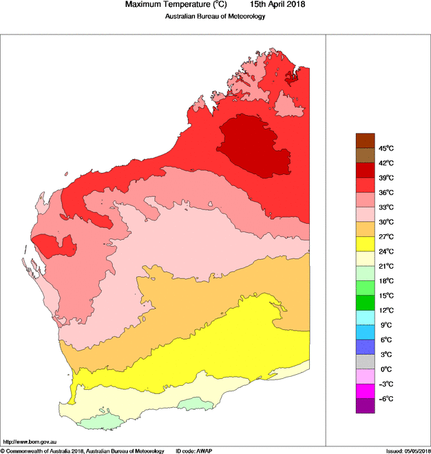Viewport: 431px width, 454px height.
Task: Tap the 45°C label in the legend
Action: pyautogui.click(x=385, y=148)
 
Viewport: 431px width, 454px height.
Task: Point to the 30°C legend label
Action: pyautogui.click(x=385, y=222)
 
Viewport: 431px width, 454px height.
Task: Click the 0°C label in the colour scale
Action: pyautogui.click(x=385, y=369)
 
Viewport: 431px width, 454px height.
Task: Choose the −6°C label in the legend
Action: pyautogui.click(x=385, y=399)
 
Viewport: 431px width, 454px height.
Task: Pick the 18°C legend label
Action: pyautogui.click(x=385, y=281)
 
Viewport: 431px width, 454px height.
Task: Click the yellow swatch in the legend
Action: pyautogui.click(x=365, y=244)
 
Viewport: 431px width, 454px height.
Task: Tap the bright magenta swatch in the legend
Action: pyautogui.click(x=365, y=391)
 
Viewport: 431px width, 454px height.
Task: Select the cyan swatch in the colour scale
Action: pyautogui.click(x=365, y=318)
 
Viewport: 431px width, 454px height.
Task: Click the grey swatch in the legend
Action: pyautogui.click(x=365, y=362)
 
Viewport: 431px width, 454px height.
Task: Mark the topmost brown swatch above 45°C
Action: pyautogui.click(x=365, y=141)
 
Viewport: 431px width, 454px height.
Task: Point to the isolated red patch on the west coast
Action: pyautogui.click(x=53, y=244)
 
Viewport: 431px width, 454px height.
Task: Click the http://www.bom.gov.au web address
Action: pyautogui.click(x=29, y=442)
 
